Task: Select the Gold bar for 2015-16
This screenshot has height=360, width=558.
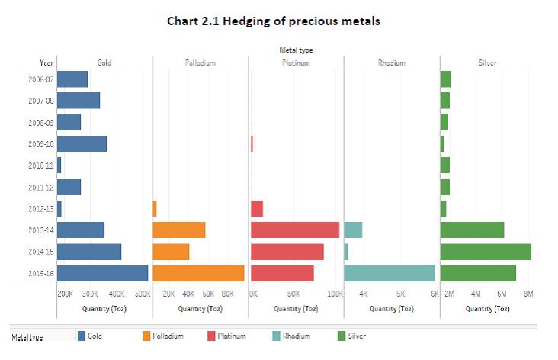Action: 103,273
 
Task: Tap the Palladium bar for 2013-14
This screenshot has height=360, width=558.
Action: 179,230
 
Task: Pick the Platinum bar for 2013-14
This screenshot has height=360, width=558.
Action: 295,230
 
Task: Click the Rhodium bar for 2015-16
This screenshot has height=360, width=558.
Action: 390,273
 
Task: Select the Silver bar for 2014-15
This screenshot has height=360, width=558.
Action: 486,252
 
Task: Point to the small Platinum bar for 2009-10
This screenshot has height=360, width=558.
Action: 252,143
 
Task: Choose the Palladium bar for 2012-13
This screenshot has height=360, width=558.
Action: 155,208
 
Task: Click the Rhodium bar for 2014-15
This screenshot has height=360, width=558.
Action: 346,252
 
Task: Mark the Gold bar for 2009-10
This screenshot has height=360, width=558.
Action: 82,143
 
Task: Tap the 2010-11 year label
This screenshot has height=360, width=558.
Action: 40,166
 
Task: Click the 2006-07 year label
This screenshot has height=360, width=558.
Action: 40,79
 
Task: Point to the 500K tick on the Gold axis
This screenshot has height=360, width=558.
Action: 142,293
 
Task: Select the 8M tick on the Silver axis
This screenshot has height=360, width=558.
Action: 528,293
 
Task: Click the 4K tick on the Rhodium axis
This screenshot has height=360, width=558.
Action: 363,293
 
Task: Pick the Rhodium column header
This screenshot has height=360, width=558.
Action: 391,63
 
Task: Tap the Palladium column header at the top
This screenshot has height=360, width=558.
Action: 200,63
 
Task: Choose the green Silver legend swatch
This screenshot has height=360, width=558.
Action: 341,336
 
